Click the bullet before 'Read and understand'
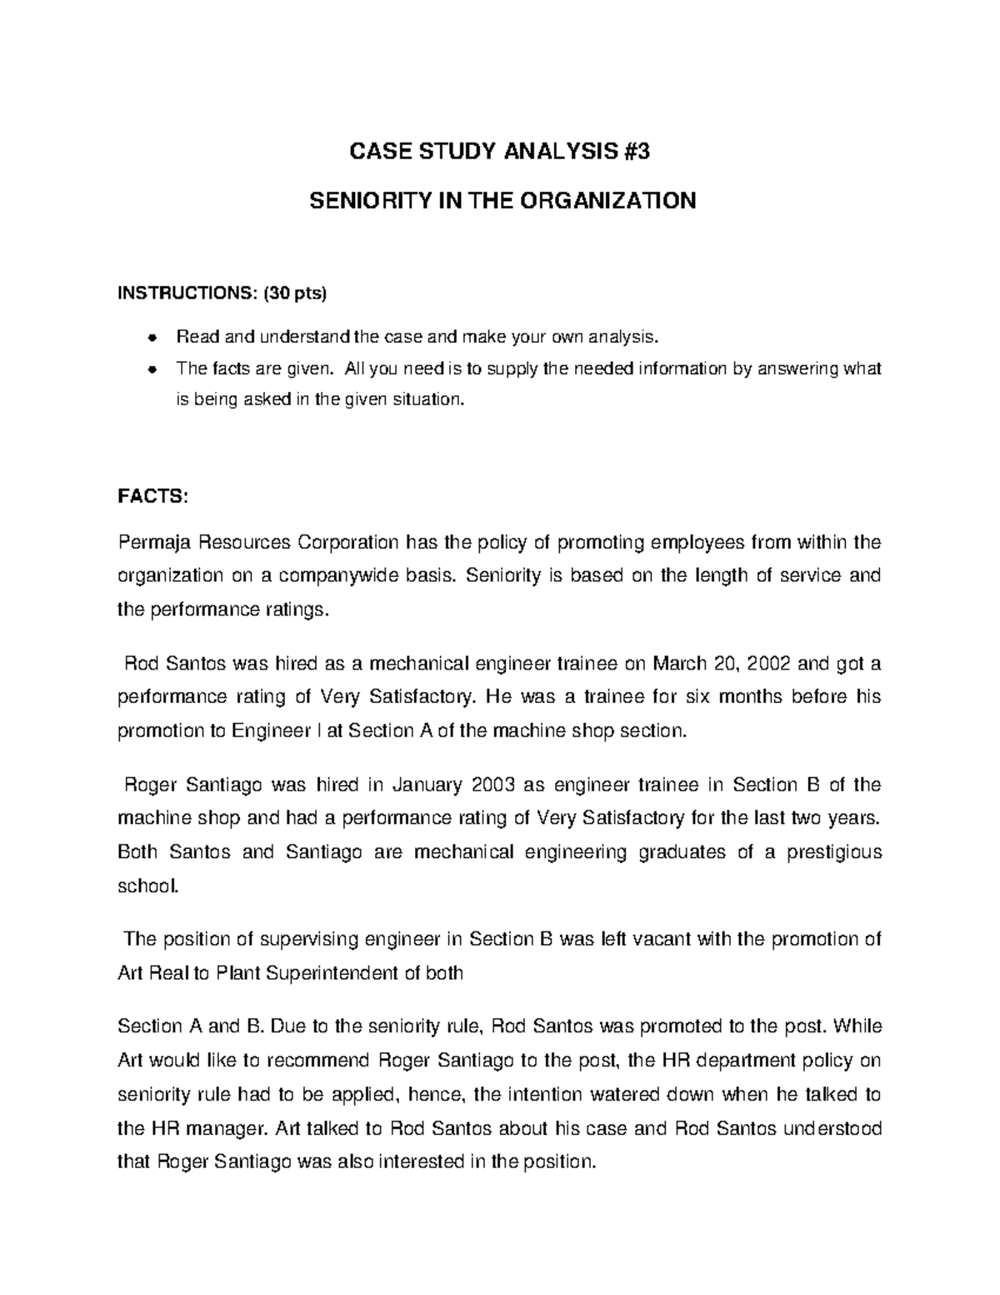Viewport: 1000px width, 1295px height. click(x=152, y=338)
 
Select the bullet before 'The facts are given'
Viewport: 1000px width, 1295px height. click(x=152, y=369)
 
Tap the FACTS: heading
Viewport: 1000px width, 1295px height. click(x=153, y=496)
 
